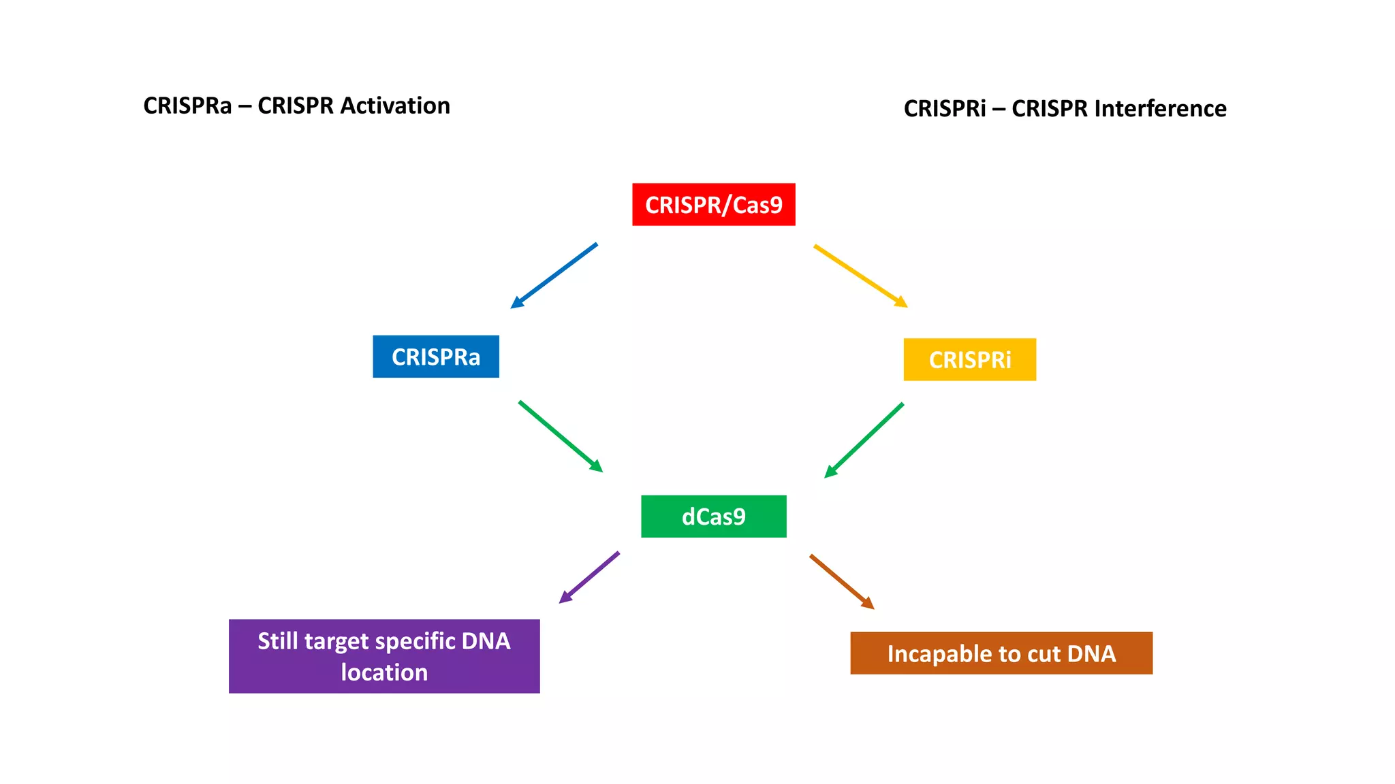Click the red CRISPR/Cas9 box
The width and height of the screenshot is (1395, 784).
pos(713,204)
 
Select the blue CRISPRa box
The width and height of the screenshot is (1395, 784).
pos(435,357)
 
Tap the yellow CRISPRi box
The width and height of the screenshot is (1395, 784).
pos(969,359)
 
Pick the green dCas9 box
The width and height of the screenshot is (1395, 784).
pos(713,517)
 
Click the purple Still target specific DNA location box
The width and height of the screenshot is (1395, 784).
pos(384,656)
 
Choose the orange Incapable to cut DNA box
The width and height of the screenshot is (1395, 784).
pos(1001,653)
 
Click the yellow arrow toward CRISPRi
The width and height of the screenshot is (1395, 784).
pos(860,276)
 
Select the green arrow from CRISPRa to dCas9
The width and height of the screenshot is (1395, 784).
pos(560,436)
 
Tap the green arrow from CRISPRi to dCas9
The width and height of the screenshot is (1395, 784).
pos(864,440)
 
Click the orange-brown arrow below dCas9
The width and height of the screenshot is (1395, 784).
pos(841,581)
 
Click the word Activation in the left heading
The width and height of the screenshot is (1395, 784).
pos(395,106)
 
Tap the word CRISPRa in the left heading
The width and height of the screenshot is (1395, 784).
pos(187,106)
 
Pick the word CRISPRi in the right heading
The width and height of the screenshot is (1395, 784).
pos(944,109)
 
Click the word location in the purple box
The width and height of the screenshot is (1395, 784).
pos(384,672)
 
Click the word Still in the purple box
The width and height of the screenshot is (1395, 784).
pos(277,641)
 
